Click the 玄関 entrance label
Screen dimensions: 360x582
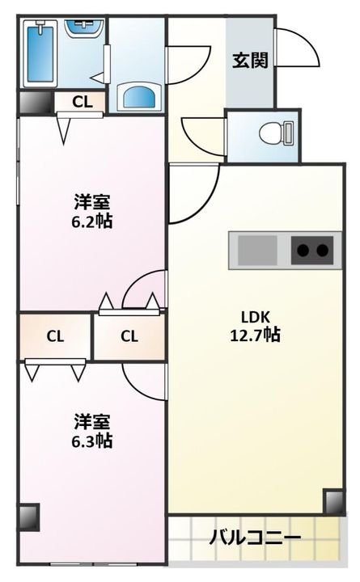pyautogui.click(x=251, y=61)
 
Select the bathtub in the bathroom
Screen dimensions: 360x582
pyautogui.click(x=40, y=53)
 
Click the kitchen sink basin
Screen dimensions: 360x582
pyautogui.click(x=257, y=250)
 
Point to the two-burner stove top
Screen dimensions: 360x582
pyautogui.click(x=312, y=250)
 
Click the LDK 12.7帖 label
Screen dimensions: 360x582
pyautogui.click(x=255, y=327)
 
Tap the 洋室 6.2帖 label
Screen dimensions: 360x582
pyautogui.click(x=91, y=211)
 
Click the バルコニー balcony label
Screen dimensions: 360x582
pyautogui.click(x=255, y=538)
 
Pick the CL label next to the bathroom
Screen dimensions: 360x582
pyautogui.click(x=82, y=102)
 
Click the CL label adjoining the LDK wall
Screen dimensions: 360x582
pyautogui.click(x=129, y=336)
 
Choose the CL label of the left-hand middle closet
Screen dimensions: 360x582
pyautogui.click(x=55, y=336)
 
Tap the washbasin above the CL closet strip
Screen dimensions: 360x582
pyautogui.click(x=139, y=97)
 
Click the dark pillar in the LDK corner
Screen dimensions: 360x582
pyautogui.click(x=334, y=501)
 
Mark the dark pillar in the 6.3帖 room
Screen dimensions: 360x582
pyautogui.click(x=28, y=517)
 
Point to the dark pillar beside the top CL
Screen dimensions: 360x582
pyautogui.click(x=36, y=102)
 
